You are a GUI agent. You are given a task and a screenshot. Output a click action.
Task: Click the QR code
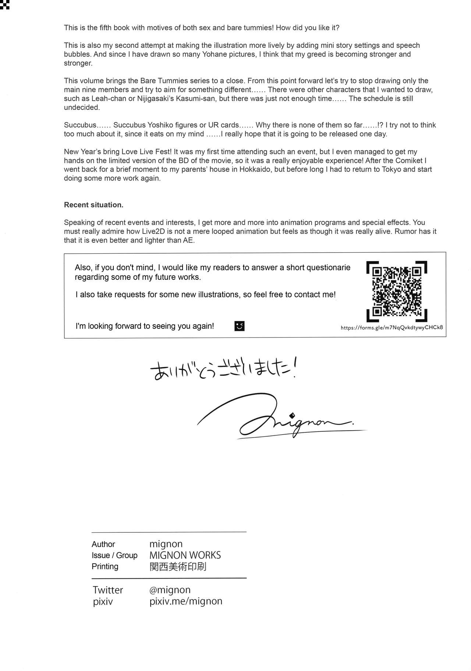coord(396,290)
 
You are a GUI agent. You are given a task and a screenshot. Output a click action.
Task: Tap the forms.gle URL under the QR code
coord(392,328)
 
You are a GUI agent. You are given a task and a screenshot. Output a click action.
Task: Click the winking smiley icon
coord(239,326)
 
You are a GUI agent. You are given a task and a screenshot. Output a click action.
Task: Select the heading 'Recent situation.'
coord(93,205)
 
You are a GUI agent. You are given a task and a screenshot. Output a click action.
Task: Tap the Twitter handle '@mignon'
coord(170,590)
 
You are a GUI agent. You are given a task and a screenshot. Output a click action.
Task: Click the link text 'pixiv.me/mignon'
coord(186,601)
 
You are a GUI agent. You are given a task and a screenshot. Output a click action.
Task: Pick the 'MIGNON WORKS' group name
coord(185,555)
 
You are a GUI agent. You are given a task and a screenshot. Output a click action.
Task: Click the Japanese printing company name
coord(178,567)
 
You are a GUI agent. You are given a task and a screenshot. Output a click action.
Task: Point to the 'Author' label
coord(103,544)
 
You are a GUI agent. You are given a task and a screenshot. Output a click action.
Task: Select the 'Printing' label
coord(105,567)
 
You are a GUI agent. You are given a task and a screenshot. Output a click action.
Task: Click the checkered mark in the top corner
coord(4,4)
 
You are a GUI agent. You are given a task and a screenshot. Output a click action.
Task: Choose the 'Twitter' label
coord(108,590)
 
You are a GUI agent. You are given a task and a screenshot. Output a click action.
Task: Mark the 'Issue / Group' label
coord(114,555)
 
